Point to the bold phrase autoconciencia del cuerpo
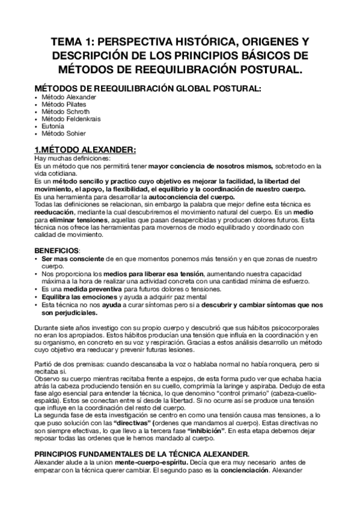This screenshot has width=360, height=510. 187,197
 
